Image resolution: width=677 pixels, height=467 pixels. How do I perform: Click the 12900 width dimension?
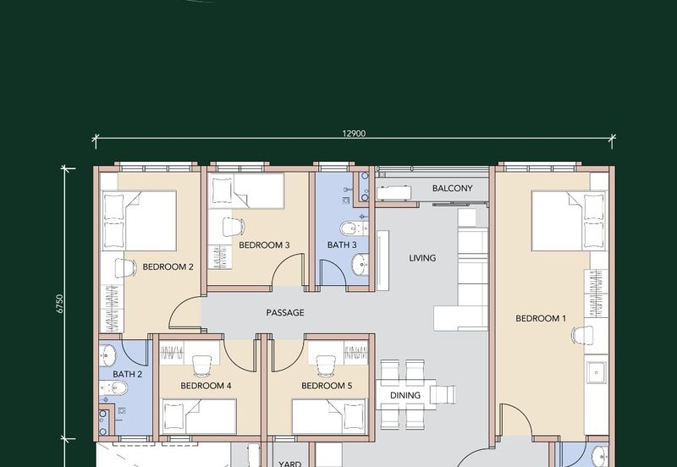(x=354, y=134)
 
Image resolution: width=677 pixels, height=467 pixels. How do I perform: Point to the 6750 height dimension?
(x=60, y=304)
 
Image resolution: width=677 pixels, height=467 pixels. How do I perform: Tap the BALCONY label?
(x=452, y=188)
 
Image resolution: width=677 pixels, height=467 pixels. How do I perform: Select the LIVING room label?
(x=422, y=258)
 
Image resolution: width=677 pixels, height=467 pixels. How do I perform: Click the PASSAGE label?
(x=285, y=312)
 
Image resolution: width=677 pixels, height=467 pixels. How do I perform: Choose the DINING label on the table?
(x=405, y=395)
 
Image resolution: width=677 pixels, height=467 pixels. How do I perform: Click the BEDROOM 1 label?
(x=541, y=319)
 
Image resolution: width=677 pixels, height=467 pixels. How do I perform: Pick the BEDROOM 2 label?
(x=168, y=266)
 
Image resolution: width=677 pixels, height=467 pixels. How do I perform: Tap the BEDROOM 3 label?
(x=264, y=245)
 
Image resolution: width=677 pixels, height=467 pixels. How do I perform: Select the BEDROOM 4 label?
(x=206, y=386)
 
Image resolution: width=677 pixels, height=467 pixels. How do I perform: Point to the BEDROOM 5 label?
(x=327, y=386)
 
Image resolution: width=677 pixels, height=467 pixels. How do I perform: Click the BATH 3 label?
(x=342, y=245)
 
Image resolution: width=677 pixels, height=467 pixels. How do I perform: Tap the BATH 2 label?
(x=128, y=374)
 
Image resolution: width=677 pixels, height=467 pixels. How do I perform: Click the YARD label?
(x=289, y=464)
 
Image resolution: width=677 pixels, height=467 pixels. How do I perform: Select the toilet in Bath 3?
(x=354, y=228)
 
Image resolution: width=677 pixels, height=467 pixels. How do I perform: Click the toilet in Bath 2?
(x=114, y=388)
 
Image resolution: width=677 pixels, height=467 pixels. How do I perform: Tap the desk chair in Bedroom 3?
(x=234, y=227)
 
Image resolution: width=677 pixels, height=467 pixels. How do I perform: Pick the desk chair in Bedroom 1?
(x=582, y=335)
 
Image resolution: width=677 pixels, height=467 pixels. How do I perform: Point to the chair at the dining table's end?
(x=443, y=394)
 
